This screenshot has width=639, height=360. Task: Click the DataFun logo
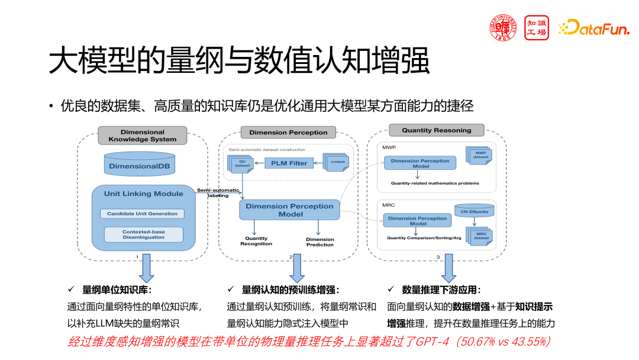tap(593, 27)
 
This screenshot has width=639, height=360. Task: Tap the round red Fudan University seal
tap(503, 27)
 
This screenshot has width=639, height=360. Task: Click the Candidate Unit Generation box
tap(142, 213)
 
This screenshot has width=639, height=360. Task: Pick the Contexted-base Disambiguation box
tap(143, 234)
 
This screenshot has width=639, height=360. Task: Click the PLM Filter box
tap(289, 163)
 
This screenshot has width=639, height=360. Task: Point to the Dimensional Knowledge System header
tap(143, 136)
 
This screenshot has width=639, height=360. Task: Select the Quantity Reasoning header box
tap(436, 130)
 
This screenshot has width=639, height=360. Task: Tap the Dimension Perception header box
tap(288, 133)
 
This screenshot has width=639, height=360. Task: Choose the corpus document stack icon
tap(336, 162)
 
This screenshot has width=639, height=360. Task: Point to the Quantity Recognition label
tap(256, 241)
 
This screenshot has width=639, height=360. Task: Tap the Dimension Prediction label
tap(320, 242)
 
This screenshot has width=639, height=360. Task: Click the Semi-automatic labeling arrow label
tap(218, 192)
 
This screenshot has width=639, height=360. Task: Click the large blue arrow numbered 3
tap(448, 269)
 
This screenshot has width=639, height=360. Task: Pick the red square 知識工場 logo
tap(536, 27)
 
